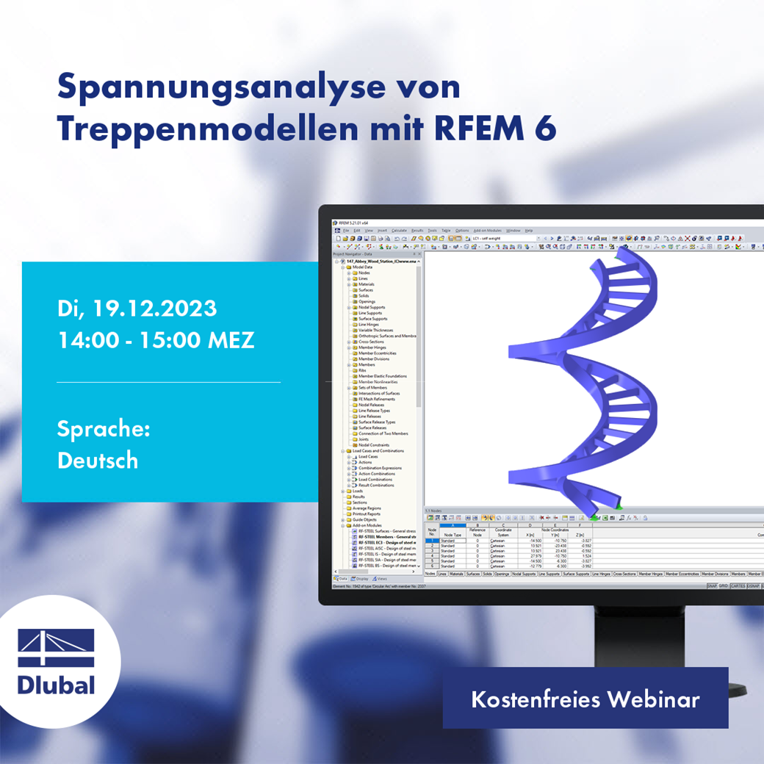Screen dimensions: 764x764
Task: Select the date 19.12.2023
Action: (x=155, y=309)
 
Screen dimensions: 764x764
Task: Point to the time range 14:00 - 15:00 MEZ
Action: (x=156, y=341)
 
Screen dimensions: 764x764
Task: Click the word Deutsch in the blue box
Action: (x=98, y=461)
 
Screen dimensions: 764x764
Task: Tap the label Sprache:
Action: (x=104, y=429)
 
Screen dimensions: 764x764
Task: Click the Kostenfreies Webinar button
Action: (x=585, y=699)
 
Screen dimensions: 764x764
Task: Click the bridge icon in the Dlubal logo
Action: (x=57, y=648)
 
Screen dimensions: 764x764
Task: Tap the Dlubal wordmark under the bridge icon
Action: (x=57, y=685)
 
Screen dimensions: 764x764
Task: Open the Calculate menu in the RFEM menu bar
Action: (x=399, y=231)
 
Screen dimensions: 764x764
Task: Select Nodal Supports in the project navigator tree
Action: (x=372, y=307)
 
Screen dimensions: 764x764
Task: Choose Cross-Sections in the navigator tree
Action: (x=371, y=342)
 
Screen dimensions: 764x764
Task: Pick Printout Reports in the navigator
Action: (x=367, y=513)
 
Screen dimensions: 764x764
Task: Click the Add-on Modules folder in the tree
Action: (x=367, y=525)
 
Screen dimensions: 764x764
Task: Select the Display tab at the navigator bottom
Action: (x=358, y=579)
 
